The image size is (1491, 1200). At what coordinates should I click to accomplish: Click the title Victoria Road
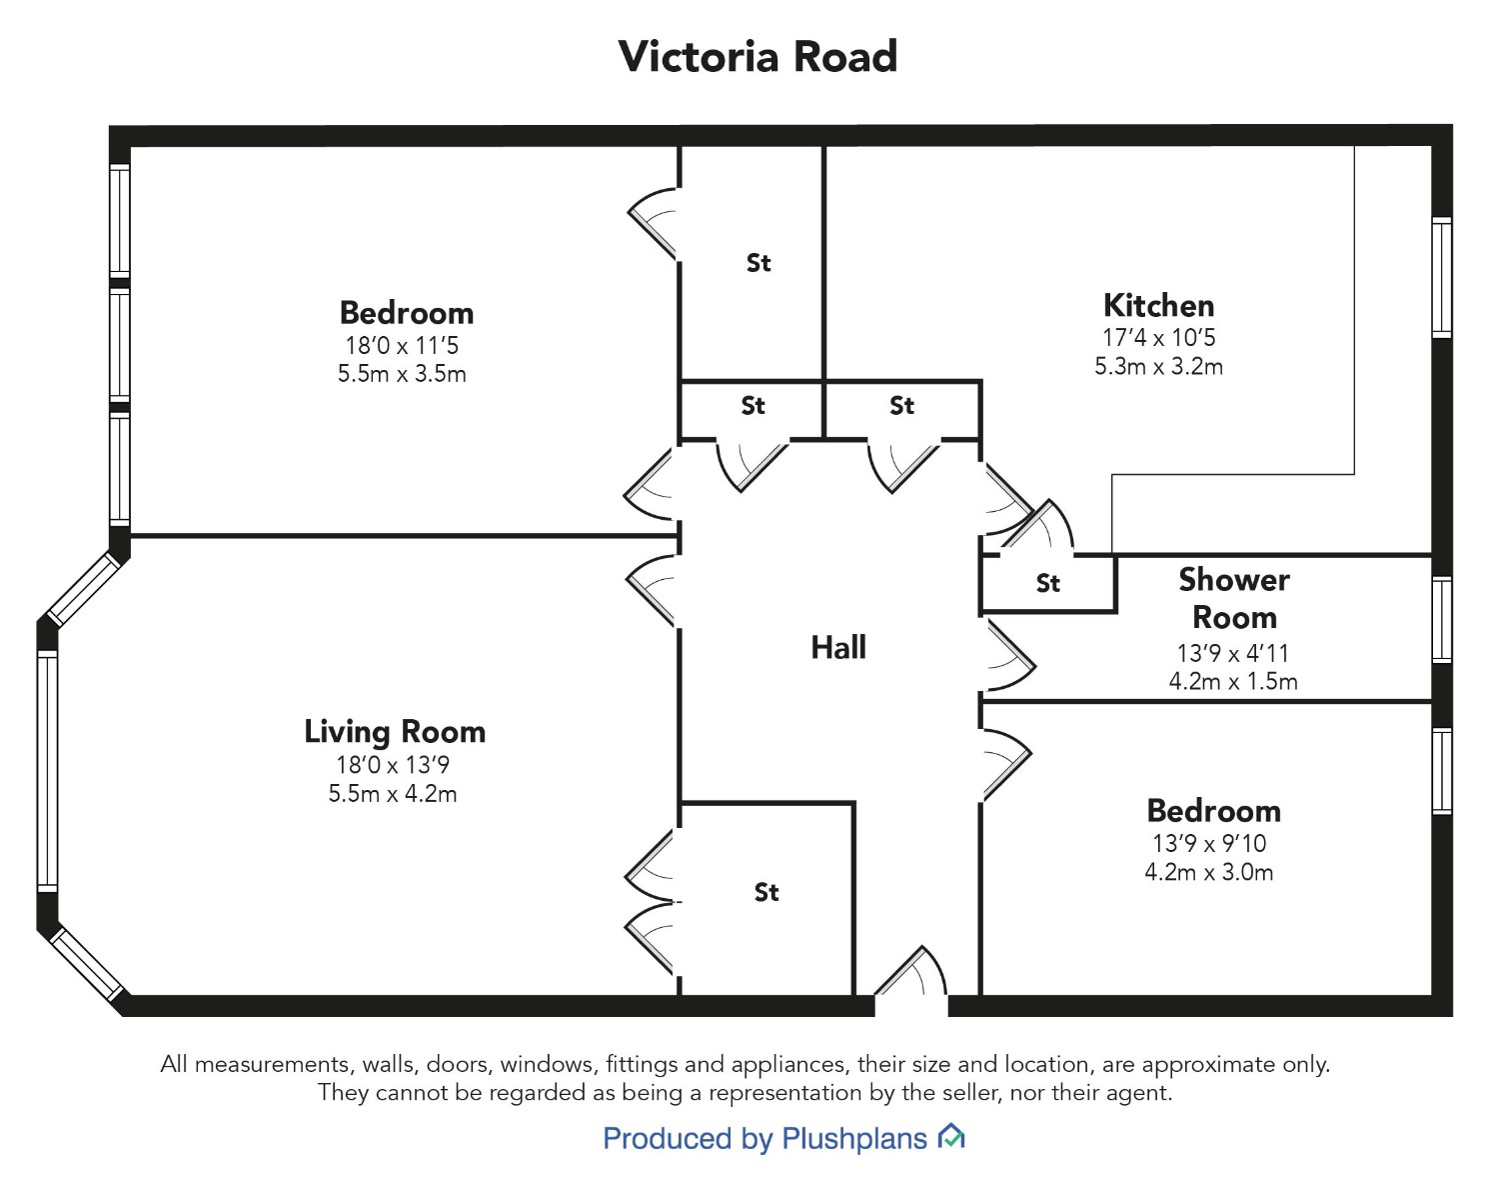pyautogui.click(x=757, y=56)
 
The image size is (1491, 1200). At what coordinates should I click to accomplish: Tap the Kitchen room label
pyautogui.click(x=1158, y=305)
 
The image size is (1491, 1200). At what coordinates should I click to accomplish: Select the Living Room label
pyautogui.click(x=395, y=732)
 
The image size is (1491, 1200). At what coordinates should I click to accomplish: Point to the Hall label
pyautogui.click(x=838, y=647)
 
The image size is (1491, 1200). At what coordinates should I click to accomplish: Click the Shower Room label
pyautogui.click(x=1234, y=598)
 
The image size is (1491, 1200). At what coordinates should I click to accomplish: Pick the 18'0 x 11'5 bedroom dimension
pyautogui.click(x=402, y=345)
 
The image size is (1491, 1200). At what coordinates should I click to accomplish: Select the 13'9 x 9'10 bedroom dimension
pyautogui.click(x=1209, y=843)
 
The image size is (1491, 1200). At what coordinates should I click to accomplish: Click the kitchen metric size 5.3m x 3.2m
pyautogui.click(x=1158, y=366)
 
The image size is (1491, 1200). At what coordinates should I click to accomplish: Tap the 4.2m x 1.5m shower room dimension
pyautogui.click(x=1233, y=681)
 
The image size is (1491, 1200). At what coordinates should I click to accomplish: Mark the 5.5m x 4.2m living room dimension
pyautogui.click(x=393, y=793)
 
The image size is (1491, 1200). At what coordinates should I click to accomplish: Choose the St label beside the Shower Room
pyautogui.click(x=1048, y=583)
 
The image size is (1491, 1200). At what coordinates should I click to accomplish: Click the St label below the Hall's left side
pyautogui.click(x=766, y=892)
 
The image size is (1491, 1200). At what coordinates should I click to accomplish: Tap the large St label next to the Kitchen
pyautogui.click(x=758, y=263)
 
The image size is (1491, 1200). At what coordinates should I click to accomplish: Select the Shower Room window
pyautogui.click(x=1442, y=620)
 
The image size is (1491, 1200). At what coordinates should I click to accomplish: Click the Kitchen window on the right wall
pyautogui.click(x=1442, y=277)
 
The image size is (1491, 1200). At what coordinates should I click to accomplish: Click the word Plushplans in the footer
pyautogui.click(x=854, y=1138)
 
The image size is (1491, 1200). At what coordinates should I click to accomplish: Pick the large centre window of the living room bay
pyautogui.click(x=47, y=771)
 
